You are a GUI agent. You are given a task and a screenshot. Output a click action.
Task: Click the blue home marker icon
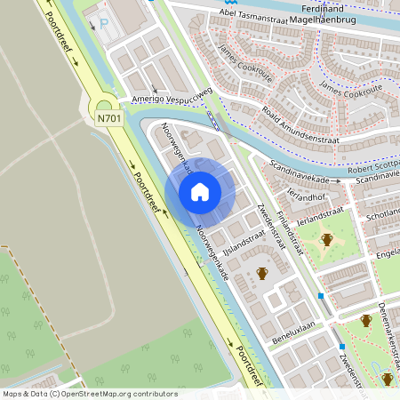pos(200,192)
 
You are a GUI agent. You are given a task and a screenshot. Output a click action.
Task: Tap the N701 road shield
pos(108,116)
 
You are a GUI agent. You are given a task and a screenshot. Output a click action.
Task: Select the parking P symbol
pos(105,22)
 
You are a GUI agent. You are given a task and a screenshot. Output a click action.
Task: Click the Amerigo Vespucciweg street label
pos(172,97)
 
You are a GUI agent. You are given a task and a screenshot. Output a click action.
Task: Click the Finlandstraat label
pos(290,232)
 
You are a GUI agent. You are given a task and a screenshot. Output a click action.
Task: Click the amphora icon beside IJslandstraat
pos(262,274)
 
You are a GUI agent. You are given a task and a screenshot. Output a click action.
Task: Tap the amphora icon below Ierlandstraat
pos(326,240)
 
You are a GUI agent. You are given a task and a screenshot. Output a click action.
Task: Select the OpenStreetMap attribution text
pos(90,394)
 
